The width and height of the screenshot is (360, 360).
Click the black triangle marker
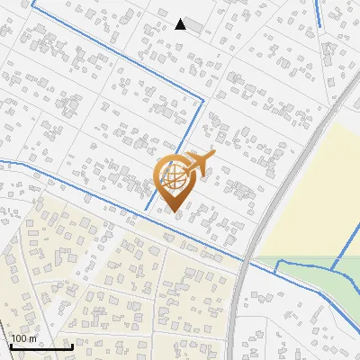click(181, 24)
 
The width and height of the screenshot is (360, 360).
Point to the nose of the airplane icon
click(212, 157)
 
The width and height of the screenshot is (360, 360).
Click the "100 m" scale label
click(23, 338)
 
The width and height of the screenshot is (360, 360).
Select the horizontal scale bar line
click(40, 346)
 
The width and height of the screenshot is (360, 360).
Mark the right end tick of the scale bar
click(72, 345)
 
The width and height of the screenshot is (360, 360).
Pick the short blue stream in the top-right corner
click(319, 13)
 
